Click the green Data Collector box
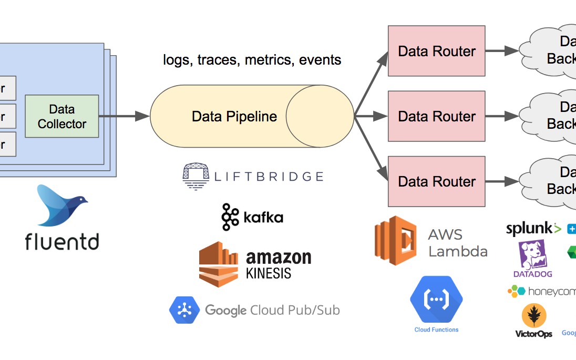tap(62, 117)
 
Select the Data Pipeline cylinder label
tap(234, 116)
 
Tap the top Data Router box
tap(436, 51)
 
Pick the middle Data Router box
tap(436, 116)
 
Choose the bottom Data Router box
tap(436, 181)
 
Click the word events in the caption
tap(320, 60)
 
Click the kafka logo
tap(253, 217)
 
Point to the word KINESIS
tap(269, 273)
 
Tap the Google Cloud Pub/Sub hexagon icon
tap(184, 310)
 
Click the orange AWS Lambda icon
tap(395, 240)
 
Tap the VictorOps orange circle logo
tap(533, 316)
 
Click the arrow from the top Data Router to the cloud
tap(502, 51)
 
